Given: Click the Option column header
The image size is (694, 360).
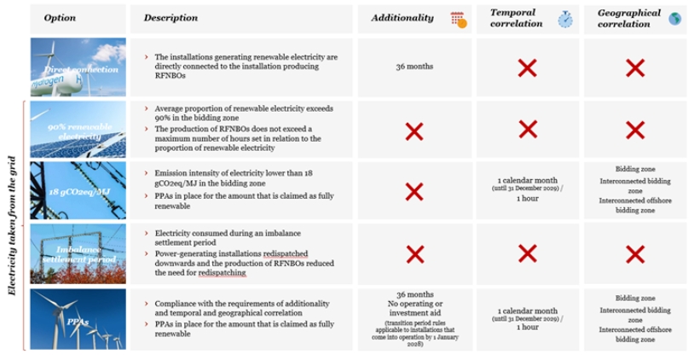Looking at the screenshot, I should point(60,18).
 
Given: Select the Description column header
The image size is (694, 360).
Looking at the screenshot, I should point(171,18).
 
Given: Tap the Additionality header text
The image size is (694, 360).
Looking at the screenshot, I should point(402,18).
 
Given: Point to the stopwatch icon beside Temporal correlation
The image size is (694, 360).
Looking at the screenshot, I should point(565,19).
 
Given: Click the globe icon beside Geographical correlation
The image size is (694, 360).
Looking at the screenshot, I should point(675,19).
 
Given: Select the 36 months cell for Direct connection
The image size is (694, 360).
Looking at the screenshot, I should point(414,67).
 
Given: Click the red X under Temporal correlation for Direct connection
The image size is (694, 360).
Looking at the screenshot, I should point(528,67).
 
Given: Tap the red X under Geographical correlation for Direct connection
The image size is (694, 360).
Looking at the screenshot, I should point(634,67).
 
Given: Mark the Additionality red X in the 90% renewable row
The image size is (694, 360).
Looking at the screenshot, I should point(414,131).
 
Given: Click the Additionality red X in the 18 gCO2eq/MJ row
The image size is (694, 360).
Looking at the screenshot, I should point(414,191).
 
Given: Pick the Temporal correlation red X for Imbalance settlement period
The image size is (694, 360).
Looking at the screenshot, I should point(528,253).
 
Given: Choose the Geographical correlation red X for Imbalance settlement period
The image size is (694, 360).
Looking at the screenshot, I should point(634,253).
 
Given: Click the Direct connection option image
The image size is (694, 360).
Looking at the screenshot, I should point(78,67).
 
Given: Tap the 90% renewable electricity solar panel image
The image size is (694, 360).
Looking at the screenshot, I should point(78,130).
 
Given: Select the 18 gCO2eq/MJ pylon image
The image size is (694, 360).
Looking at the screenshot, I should point(78,191).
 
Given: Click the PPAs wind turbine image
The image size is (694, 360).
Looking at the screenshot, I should point(78,319).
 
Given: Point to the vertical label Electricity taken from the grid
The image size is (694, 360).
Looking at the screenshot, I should point(12,225).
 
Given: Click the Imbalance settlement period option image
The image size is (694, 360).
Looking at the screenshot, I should point(78,253).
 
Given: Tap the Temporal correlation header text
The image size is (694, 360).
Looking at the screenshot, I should point(517,18).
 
